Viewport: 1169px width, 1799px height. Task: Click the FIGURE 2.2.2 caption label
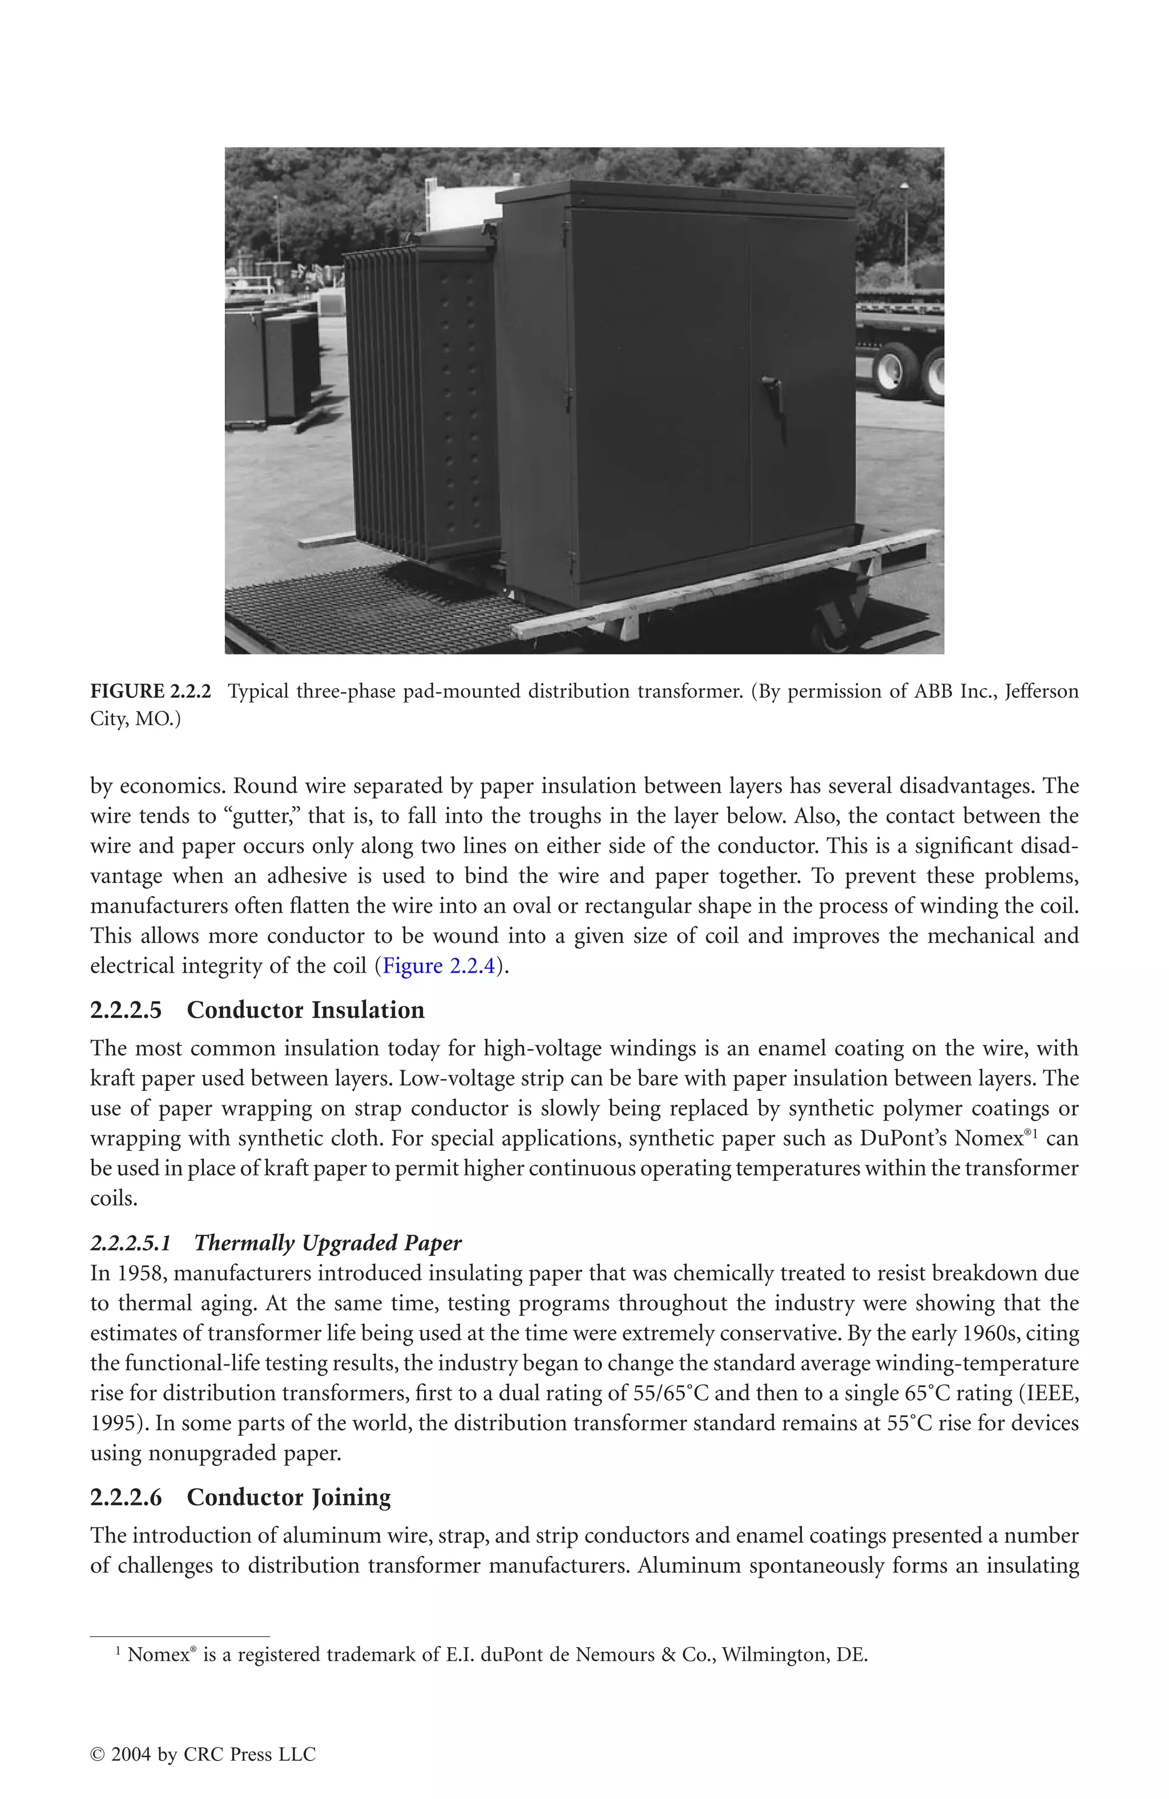pos(150,692)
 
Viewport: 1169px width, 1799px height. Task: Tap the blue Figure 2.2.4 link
pos(438,966)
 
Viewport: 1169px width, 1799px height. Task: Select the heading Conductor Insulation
pos(305,1011)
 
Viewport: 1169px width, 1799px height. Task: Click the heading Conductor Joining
pos(289,1497)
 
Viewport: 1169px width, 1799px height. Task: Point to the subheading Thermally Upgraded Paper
pos(327,1243)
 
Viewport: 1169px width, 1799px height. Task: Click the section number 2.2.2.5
pos(126,1011)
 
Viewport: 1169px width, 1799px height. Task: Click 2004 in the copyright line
pos(131,1754)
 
